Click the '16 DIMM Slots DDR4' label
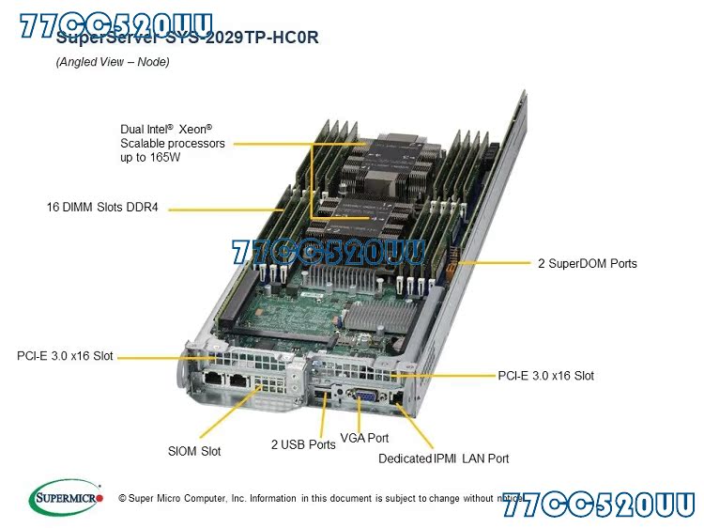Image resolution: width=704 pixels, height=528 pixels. pos(102,207)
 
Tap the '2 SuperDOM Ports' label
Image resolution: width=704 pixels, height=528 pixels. pos(587,263)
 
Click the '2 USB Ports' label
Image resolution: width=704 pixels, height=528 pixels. pos(303,444)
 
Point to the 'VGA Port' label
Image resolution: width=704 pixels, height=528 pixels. pos(364,438)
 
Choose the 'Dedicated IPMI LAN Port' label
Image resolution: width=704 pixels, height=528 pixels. pos(443,458)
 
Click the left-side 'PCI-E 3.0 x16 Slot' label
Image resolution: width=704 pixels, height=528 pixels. pos(65,356)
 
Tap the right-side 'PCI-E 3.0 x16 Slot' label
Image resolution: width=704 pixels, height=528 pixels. pos(545,376)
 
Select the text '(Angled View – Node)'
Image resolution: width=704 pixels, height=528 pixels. pos(113,62)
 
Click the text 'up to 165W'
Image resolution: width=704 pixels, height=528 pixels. pos(149,158)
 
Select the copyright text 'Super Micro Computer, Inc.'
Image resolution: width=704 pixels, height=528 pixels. pos(187,498)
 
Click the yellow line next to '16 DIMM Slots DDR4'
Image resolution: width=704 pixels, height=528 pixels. pos(225,207)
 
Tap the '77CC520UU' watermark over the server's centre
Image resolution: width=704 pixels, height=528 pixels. pos(328,253)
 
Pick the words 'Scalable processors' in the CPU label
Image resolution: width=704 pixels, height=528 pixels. pos(173,144)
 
